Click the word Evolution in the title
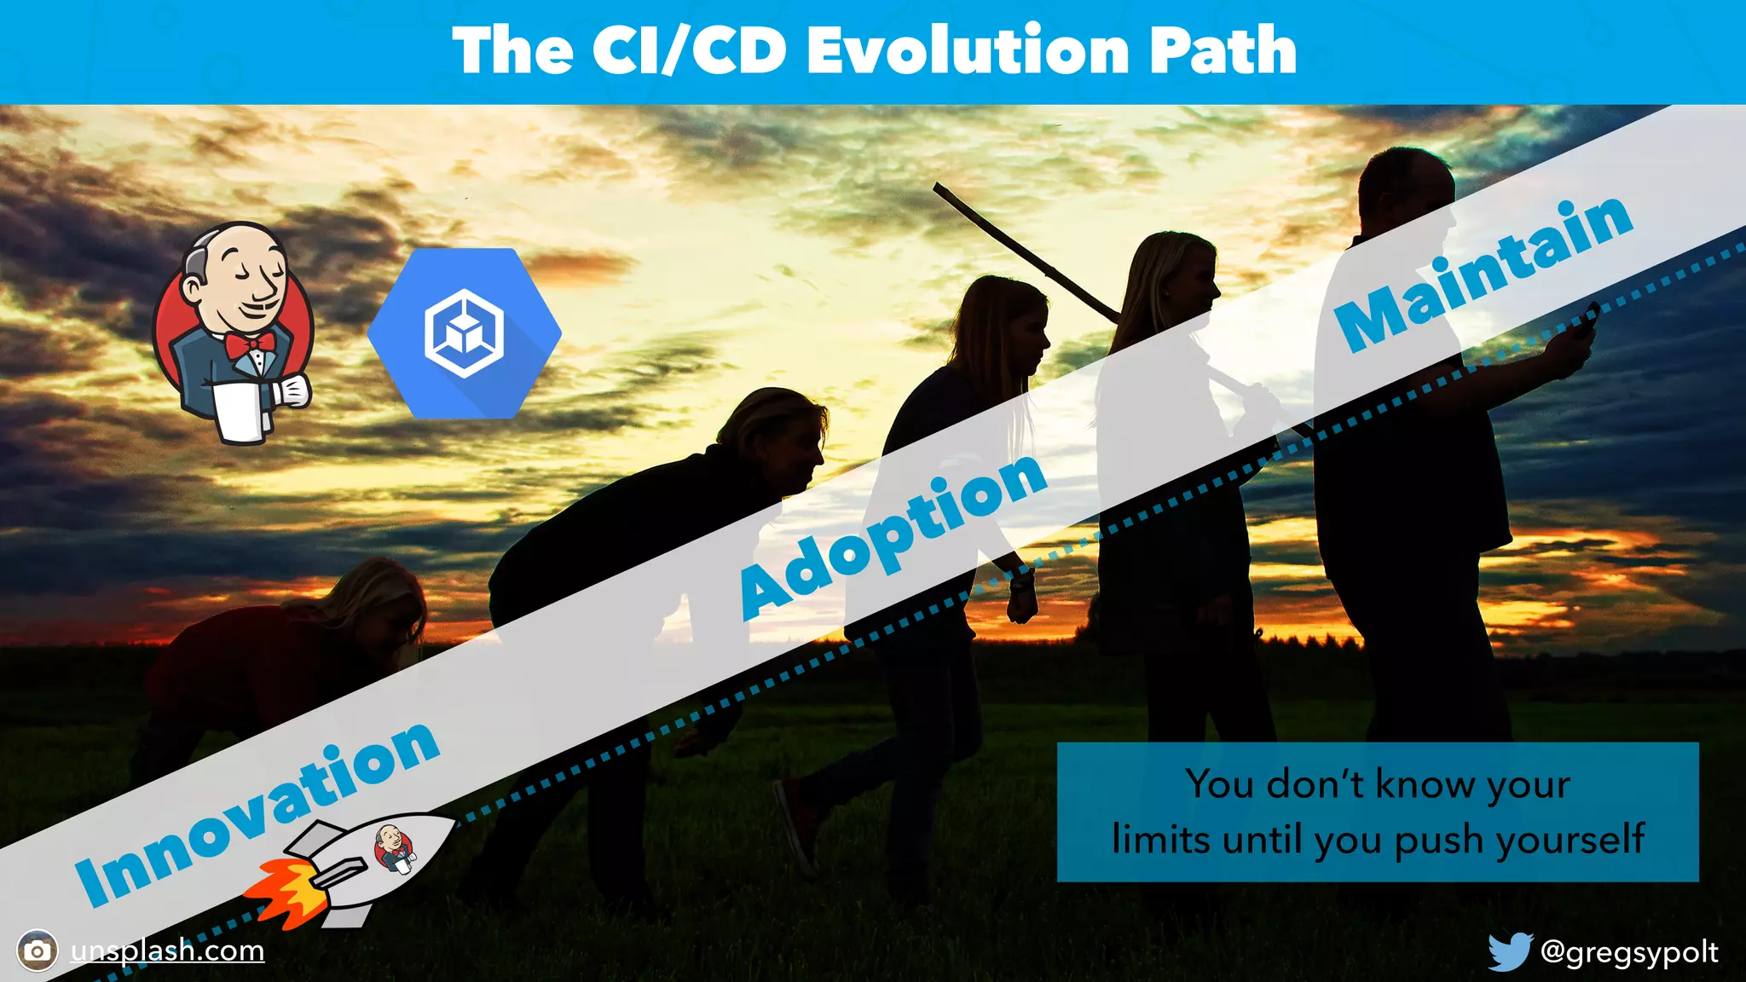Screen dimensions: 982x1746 pos(968,51)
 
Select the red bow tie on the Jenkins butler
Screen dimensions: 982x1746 pos(250,344)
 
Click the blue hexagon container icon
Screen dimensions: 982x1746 pos(465,333)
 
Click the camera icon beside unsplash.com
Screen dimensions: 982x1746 pos(38,950)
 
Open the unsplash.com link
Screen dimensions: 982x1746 pos(167,950)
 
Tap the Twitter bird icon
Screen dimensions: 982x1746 pos(1510,951)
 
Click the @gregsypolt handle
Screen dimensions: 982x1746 pos(1629,951)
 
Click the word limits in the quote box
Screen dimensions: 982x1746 pos(1161,840)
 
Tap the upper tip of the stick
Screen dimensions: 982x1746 pos(938,187)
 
